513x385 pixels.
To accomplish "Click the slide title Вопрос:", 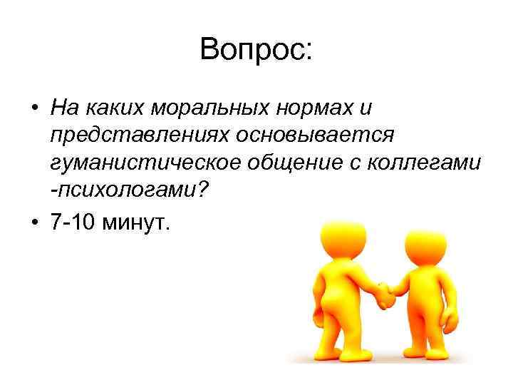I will (256, 49).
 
